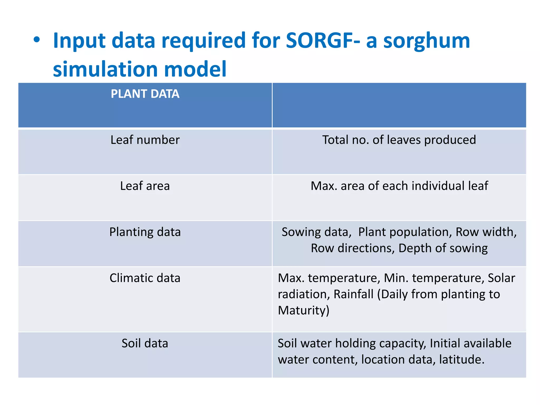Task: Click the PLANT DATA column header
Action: pos(145,94)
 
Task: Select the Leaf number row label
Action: pos(145,140)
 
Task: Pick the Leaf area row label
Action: pos(145,186)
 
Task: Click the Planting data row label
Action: pos(145,232)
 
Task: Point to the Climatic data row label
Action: pos(145,278)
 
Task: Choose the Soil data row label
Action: pos(145,343)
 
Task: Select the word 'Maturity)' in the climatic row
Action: pos(303,310)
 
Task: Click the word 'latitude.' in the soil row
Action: pos(462,360)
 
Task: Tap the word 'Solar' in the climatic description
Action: pos(501,278)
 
